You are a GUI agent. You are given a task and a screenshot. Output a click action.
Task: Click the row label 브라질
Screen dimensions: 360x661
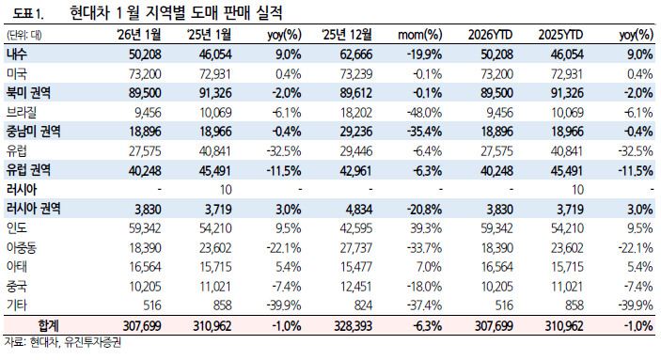coord(19,111)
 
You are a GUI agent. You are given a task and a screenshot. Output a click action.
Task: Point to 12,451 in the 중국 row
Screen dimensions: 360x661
coord(354,285)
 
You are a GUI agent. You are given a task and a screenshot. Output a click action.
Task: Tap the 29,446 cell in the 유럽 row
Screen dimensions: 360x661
coord(354,149)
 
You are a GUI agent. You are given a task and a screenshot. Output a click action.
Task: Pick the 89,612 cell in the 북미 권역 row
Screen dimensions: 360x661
coord(354,92)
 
